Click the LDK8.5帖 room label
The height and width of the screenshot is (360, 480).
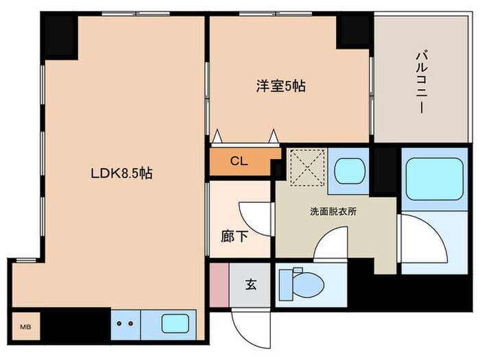121,174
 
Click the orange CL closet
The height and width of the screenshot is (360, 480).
239,162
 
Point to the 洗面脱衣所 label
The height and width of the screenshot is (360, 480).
333,212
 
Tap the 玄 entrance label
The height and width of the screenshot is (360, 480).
251,284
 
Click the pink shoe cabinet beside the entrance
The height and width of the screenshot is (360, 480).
218,284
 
